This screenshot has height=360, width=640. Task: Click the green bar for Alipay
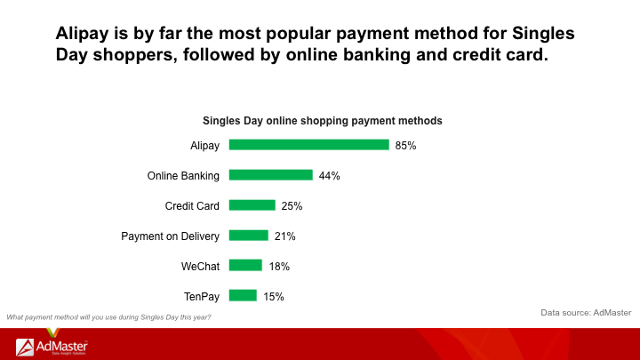pos(309,145)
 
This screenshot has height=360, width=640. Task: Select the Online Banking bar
pos(270,175)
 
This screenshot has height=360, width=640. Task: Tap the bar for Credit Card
pos(252,205)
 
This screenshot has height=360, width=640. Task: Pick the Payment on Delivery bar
pos(249,236)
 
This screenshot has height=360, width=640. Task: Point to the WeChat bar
pos(245,266)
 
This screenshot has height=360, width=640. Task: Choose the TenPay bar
pos(243,295)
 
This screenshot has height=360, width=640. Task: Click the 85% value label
pos(405,146)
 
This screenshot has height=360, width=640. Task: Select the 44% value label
pos(330,176)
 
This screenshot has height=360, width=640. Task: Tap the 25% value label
pos(292,206)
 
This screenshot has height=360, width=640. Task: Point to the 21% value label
pos(285,236)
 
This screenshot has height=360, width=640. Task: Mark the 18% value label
pos(279,267)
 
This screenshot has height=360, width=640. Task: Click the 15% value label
pos(274,297)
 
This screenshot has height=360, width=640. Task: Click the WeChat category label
pos(200,267)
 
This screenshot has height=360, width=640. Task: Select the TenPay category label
pos(202,297)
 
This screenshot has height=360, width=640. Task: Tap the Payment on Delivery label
pos(170,236)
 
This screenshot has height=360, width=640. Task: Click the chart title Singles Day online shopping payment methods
pos(323,121)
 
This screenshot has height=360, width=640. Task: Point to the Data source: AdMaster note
pos(586,313)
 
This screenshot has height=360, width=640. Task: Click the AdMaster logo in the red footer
pos(52,347)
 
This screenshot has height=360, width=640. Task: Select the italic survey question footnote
pos(108,317)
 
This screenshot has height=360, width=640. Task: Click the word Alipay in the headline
pos(82,34)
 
